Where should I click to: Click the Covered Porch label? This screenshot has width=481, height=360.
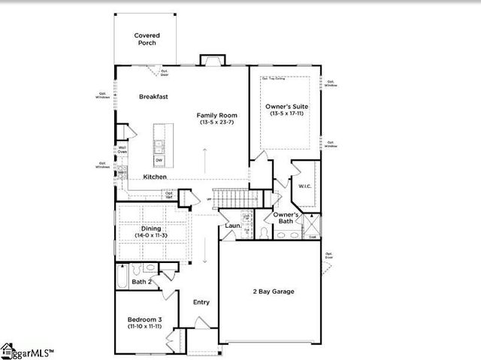click(x=147, y=39)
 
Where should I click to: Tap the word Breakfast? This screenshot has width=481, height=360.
click(x=153, y=97)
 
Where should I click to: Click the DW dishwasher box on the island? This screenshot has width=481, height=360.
click(x=159, y=159)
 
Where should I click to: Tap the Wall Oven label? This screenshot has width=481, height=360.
click(x=122, y=150)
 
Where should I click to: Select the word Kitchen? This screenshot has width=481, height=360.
click(x=155, y=177)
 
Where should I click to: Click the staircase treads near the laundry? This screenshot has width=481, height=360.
click(x=233, y=198)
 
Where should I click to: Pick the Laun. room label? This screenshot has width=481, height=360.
click(x=232, y=226)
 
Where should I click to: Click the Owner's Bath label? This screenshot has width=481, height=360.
click(x=286, y=218)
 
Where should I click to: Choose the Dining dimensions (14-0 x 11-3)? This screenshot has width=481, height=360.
click(x=151, y=235)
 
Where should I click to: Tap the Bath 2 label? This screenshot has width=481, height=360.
click(x=141, y=282)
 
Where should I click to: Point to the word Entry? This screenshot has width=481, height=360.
click(x=201, y=302)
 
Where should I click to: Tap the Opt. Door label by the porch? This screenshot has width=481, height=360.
click(x=165, y=71)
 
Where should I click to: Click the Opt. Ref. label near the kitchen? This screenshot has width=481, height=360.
click(x=169, y=195)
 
